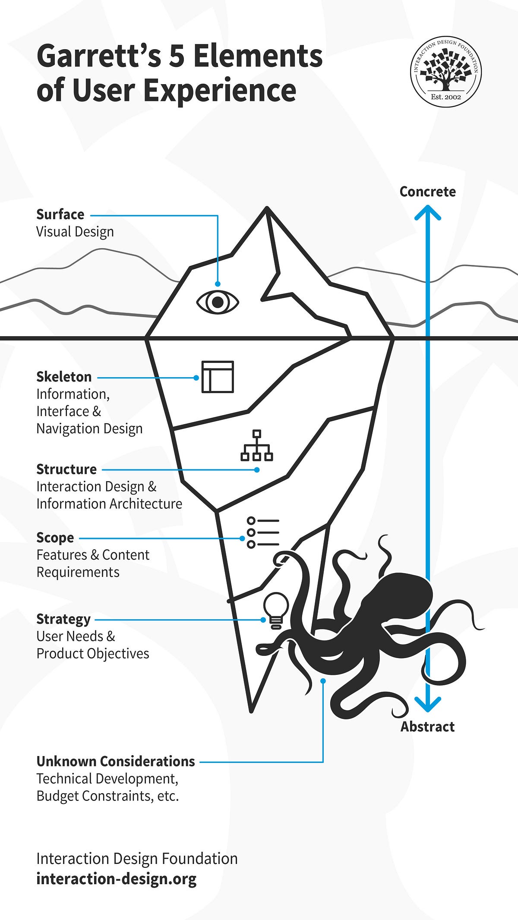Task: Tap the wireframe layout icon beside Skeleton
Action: pos(218,377)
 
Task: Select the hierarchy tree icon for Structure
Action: pos(256,445)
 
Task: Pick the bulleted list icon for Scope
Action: pos(263,532)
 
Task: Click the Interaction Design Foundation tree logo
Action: pos(446,71)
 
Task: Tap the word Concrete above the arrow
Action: pos(427,192)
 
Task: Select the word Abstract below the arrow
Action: pos(427,727)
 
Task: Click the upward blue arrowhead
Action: pos(427,212)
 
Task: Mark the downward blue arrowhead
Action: pos(427,704)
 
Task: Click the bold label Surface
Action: pos(60,214)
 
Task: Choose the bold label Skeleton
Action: pos(64,377)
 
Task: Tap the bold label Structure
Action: pos(66,469)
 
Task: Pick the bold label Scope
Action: pos(55,538)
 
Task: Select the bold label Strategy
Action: pos(63,619)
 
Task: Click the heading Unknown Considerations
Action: pos(116,761)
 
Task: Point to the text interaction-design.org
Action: pos(117,879)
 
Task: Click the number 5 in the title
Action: pos(176,57)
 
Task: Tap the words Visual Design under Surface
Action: pos(75,232)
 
